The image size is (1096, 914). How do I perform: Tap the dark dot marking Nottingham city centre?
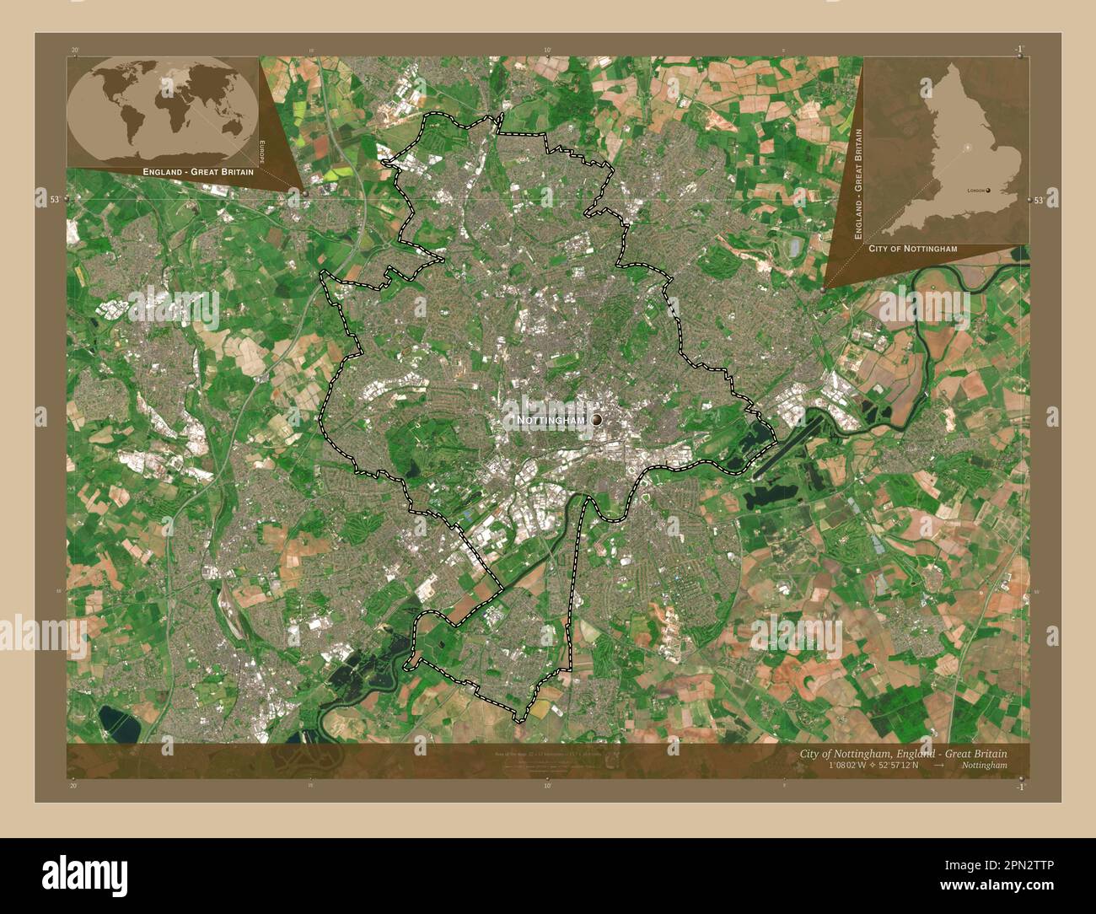tap(596, 419)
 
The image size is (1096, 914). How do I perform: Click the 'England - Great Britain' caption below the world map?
tap(198, 172)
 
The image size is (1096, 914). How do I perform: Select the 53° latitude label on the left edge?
tap(55, 200)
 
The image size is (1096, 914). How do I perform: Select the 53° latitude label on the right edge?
tap(1039, 201)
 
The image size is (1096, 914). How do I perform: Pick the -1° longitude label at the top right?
tap(1019, 50)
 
